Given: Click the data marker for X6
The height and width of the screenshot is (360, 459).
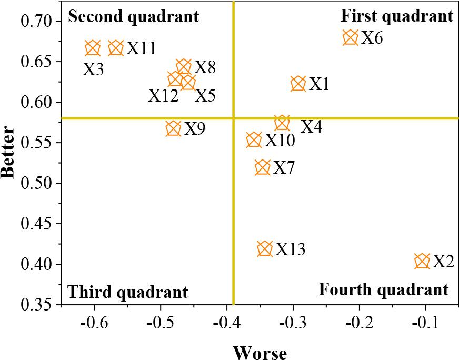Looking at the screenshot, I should pyautogui.click(x=351, y=37).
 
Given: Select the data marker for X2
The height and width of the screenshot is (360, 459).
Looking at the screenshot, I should pyautogui.click(x=422, y=261).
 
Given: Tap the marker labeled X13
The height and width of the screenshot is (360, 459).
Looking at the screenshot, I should pyautogui.click(x=265, y=248).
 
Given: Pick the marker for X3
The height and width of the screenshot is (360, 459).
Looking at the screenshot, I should pyautogui.click(x=93, y=48).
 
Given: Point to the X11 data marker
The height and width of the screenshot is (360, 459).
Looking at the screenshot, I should pyautogui.click(x=116, y=48).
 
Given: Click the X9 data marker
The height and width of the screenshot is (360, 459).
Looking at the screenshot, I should pyautogui.click(x=174, y=128).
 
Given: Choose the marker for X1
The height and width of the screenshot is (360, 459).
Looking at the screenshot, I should pyautogui.click(x=298, y=83).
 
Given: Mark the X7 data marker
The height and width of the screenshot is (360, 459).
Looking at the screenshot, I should pyautogui.click(x=263, y=167).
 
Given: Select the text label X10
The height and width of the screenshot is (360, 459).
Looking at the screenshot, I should pyautogui.click(x=280, y=141).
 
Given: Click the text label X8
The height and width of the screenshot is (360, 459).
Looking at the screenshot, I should pyautogui.click(x=205, y=67).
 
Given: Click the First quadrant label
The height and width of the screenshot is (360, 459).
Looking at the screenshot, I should pyautogui.click(x=397, y=16).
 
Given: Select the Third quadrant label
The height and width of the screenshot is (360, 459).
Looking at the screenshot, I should pyautogui.click(x=128, y=292).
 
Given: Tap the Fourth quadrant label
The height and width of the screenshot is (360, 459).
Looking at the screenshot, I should pyautogui.click(x=384, y=289).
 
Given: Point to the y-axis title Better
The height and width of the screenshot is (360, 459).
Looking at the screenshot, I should pyautogui.click(x=9, y=152).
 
